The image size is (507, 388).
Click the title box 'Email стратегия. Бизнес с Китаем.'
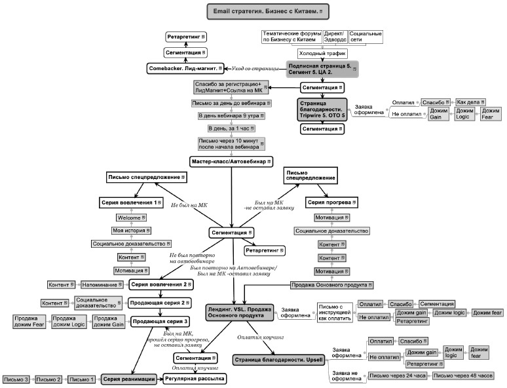pyautogui.click(x=268, y=11)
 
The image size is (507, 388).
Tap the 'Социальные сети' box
pyautogui.click(x=365, y=37)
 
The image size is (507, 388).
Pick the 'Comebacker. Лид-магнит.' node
pyautogui.click(x=185, y=68)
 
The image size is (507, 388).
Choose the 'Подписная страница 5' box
pyautogui.click(x=322, y=69)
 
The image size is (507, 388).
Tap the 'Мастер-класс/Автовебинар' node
pyautogui.click(x=231, y=161)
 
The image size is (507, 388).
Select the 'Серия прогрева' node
pyautogui.click(x=332, y=203)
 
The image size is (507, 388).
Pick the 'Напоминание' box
pyautogui.click(x=102, y=284)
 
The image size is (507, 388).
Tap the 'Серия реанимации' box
pyautogui.click(x=128, y=379)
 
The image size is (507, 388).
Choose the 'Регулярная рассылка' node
pyautogui.click(x=195, y=379)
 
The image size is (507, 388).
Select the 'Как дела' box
pyautogui.click(x=469, y=102)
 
